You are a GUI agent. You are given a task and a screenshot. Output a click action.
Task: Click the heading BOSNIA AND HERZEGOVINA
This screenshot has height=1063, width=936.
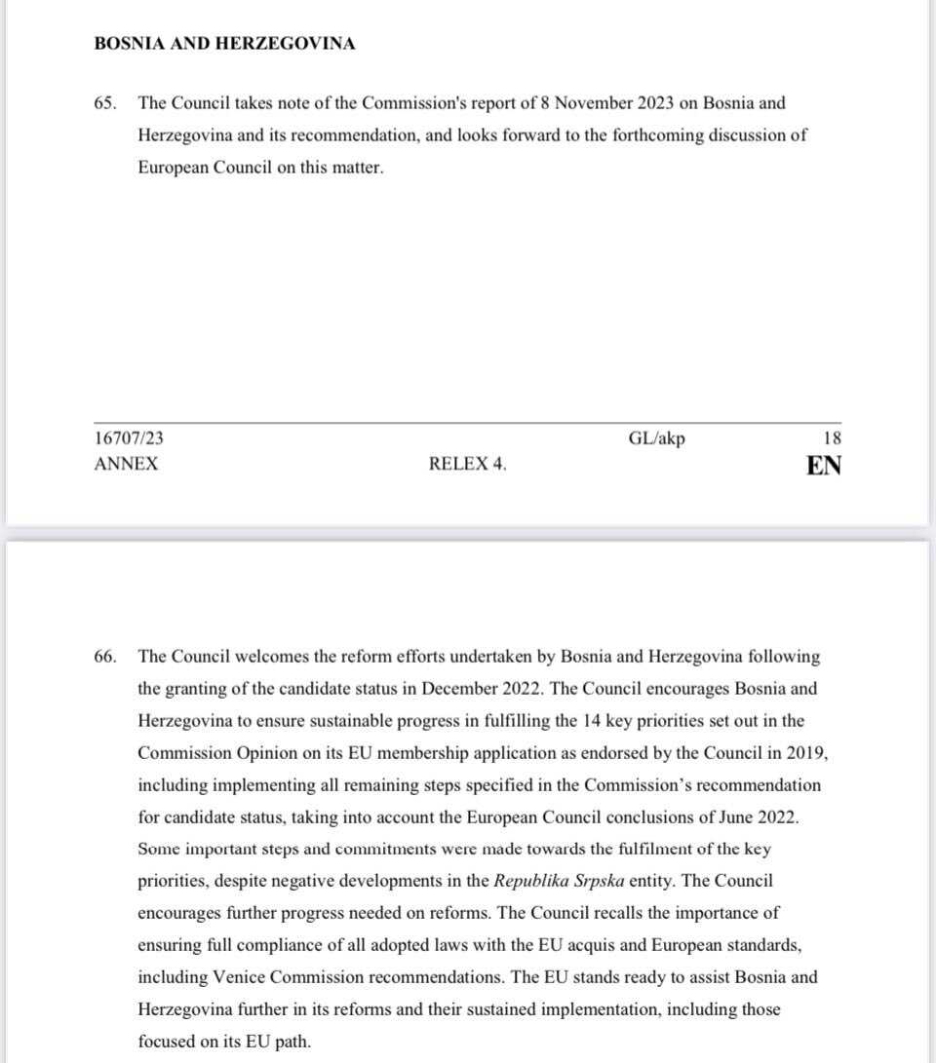(x=224, y=44)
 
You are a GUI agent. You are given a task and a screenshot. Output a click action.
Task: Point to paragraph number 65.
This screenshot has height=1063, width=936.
(x=105, y=103)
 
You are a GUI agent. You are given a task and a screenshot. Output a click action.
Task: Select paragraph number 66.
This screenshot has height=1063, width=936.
(x=105, y=657)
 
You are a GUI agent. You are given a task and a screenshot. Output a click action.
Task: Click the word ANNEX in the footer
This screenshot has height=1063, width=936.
(x=126, y=465)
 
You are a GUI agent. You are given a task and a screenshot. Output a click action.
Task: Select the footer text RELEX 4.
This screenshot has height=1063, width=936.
(x=467, y=465)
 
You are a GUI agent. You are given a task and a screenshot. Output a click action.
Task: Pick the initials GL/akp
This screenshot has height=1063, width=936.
(x=656, y=438)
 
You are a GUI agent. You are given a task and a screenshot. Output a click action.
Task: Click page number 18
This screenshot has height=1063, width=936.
(x=832, y=438)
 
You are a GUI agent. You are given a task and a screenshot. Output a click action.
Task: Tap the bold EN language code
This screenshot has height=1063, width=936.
(x=824, y=466)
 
